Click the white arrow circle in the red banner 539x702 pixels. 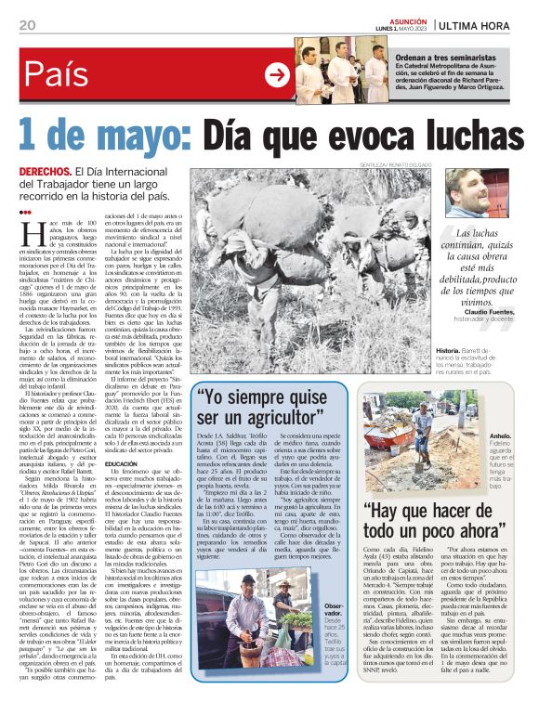(277, 75)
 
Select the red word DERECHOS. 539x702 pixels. (45, 173)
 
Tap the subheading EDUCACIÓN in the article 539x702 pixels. (123, 463)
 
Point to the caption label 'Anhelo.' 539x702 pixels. (501, 435)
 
